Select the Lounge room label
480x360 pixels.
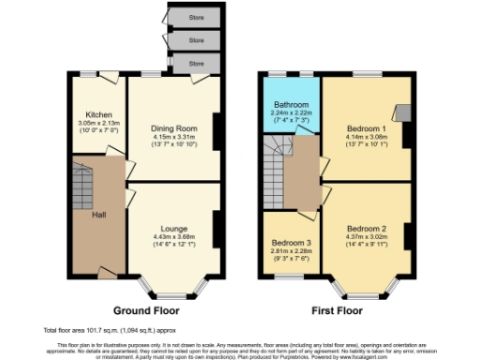(173, 229)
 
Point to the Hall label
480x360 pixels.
(98, 216)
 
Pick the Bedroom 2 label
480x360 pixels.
(366, 229)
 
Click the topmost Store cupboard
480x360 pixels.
(196, 17)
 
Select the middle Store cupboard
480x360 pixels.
(196, 40)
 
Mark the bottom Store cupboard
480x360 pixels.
(196, 63)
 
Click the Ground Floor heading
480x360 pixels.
(146, 309)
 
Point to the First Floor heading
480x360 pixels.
(336, 309)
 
